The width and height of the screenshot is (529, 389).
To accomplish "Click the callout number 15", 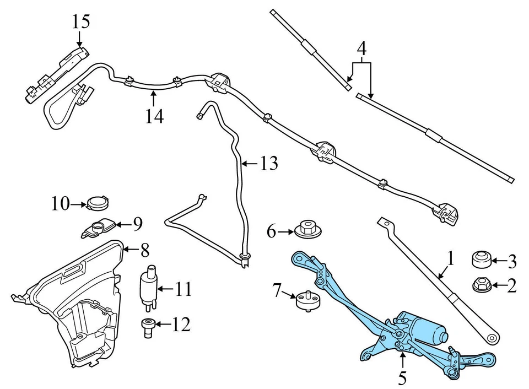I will (80, 23).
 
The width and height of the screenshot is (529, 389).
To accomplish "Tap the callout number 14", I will (155, 116).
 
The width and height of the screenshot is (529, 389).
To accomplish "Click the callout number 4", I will (361, 49).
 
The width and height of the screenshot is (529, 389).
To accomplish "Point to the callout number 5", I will (402, 379).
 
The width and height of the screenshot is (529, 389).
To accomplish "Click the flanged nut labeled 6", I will (306, 230).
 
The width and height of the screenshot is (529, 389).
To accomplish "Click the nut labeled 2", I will (482, 285).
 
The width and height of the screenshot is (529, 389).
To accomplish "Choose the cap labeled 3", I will (482, 258).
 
